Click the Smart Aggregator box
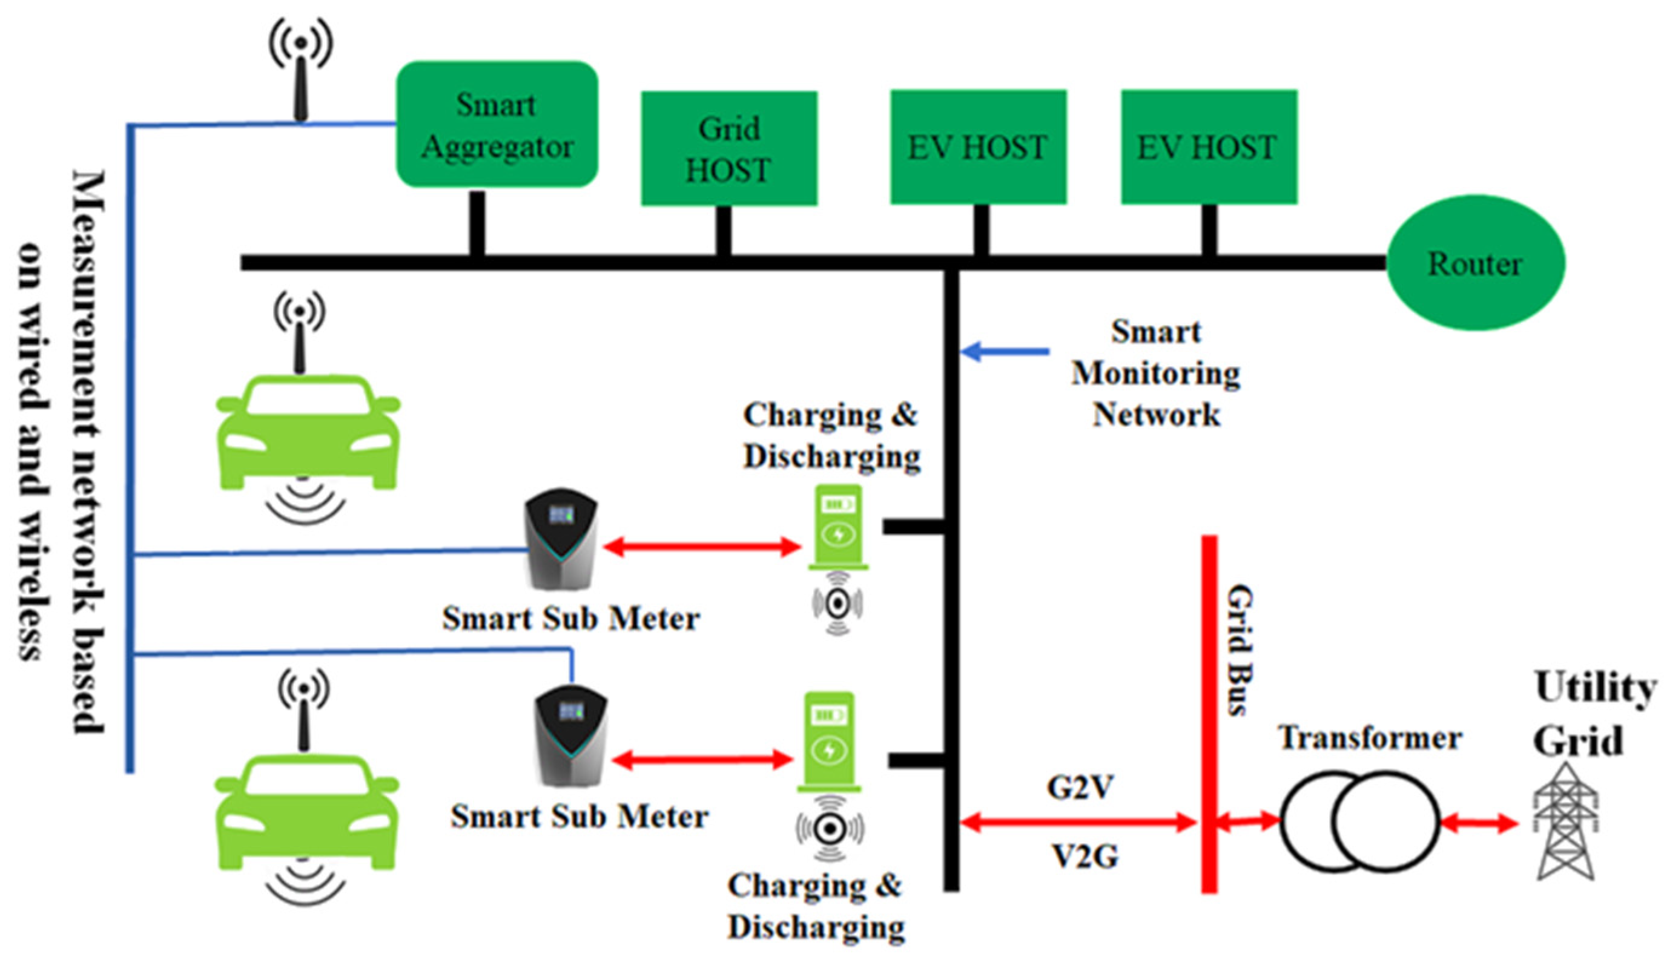[497, 125]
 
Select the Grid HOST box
[728, 148]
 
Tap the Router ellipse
[1474, 263]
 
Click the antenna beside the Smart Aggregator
[300, 72]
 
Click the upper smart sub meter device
[561, 539]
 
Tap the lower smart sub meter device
[570, 736]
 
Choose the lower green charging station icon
[830, 743]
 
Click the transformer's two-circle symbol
[1359, 821]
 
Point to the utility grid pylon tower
[1565, 821]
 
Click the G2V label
[1080, 787]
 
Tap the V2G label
[1085, 857]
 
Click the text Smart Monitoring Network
[1156, 373]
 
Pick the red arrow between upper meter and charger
[701, 546]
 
